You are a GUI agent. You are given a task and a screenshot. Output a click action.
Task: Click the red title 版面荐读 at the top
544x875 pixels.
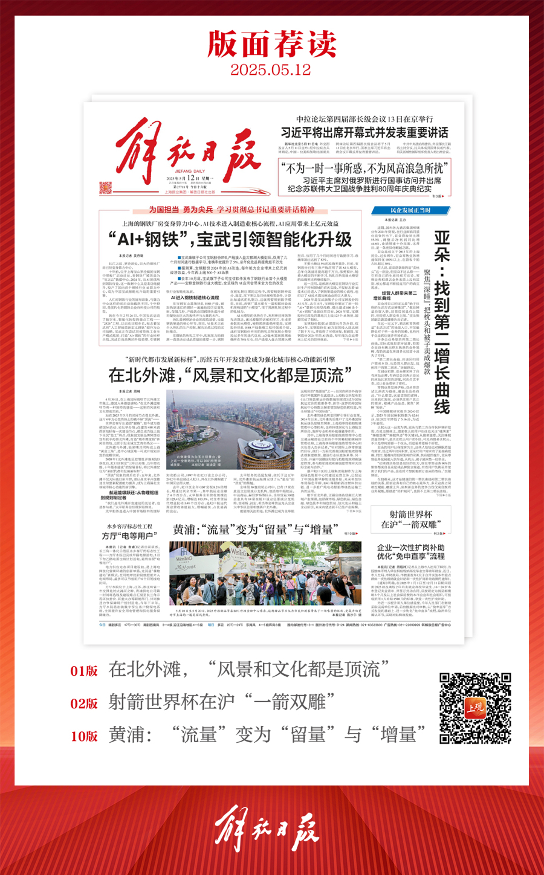tap(272, 43)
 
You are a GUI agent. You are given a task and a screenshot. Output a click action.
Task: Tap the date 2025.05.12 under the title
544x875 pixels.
tap(271, 69)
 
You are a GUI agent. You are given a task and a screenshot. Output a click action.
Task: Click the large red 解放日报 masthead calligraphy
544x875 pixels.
tap(188, 151)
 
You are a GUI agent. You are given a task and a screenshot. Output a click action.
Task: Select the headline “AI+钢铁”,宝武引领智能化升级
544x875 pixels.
tap(230, 239)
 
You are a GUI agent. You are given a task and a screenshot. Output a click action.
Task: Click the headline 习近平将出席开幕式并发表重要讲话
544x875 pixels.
tap(364, 132)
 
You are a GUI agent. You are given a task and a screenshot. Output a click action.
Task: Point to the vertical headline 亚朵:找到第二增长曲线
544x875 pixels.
tap(442, 320)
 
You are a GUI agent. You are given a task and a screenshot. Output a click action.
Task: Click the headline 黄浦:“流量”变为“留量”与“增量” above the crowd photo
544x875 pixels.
tap(254, 530)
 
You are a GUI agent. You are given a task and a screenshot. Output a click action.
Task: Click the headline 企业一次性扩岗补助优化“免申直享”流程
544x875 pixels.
tap(411, 552)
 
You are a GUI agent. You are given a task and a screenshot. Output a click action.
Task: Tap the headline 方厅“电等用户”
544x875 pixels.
tap(129, 536)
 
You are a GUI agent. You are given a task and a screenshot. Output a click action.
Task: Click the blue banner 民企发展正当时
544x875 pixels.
tap(410, 210)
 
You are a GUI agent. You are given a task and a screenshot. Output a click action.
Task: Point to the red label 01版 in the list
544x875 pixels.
tap(84, 671)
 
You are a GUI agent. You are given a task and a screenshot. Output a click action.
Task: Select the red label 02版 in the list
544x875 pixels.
tap(84, 704)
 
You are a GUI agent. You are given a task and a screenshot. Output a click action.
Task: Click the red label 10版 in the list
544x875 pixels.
tap(84, 736)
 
